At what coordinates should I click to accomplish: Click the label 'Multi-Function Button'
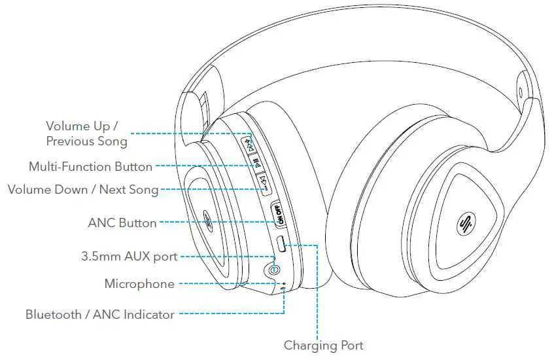click(x=90, y=167)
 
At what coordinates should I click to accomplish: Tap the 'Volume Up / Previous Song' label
click(x=86, y=133)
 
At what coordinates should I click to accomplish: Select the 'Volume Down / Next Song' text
click(x=82, y=190)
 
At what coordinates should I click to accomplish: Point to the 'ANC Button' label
click(x=122, y=223)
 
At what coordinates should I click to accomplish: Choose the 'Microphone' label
click(x=139, y=284)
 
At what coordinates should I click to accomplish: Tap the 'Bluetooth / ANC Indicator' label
click(x=100, y=315)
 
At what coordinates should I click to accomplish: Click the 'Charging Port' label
click(x=323, y=345)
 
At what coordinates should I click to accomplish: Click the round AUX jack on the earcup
click(x=273, y=268)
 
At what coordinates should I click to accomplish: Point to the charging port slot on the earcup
click(x=281, y=245)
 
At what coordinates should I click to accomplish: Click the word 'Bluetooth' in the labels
click(x=54, y=315)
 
